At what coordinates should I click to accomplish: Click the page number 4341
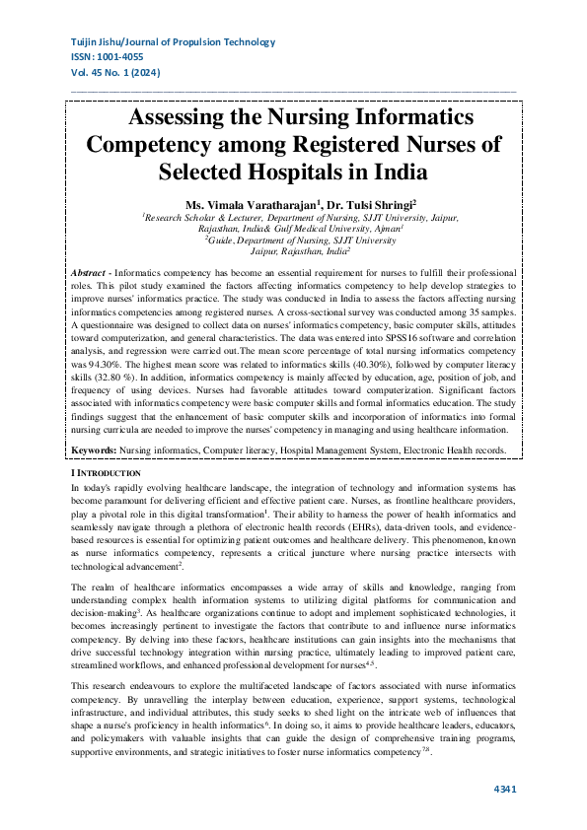503,789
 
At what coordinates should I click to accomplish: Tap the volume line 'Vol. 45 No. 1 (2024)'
116,73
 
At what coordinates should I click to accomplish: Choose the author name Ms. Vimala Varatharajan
260,203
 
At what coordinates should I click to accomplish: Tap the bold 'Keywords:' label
95,450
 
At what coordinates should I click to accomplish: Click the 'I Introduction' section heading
107,474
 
